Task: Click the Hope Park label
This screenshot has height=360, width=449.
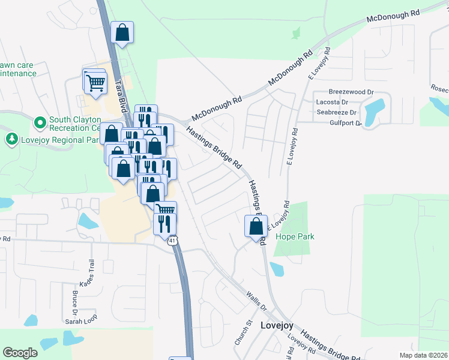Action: click(x=295, y=236)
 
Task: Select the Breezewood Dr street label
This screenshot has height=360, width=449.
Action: click(x=351, y=92)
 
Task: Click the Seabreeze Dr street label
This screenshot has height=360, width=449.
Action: click(x=337, y=112)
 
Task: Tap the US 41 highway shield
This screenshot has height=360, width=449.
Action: click(x=172, y=241)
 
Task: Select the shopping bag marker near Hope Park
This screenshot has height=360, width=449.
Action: click(x=256, y=227)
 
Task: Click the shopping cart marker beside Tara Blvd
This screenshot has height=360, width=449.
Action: click(x=95, y=83)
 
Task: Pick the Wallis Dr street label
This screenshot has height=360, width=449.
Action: click(x=256, y=300)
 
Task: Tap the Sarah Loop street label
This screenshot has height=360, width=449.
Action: click(x=81, y=320)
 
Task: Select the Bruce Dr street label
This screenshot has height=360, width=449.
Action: click(x=75, y=303)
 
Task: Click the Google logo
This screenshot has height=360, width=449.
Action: click(x=20, y=353)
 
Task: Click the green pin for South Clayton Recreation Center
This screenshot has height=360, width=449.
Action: click(x=40, y=123)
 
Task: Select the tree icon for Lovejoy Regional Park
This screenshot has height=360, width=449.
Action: click(x=11, y=139)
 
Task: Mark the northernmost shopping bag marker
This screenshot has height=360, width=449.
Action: click(x=122, y=34)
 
